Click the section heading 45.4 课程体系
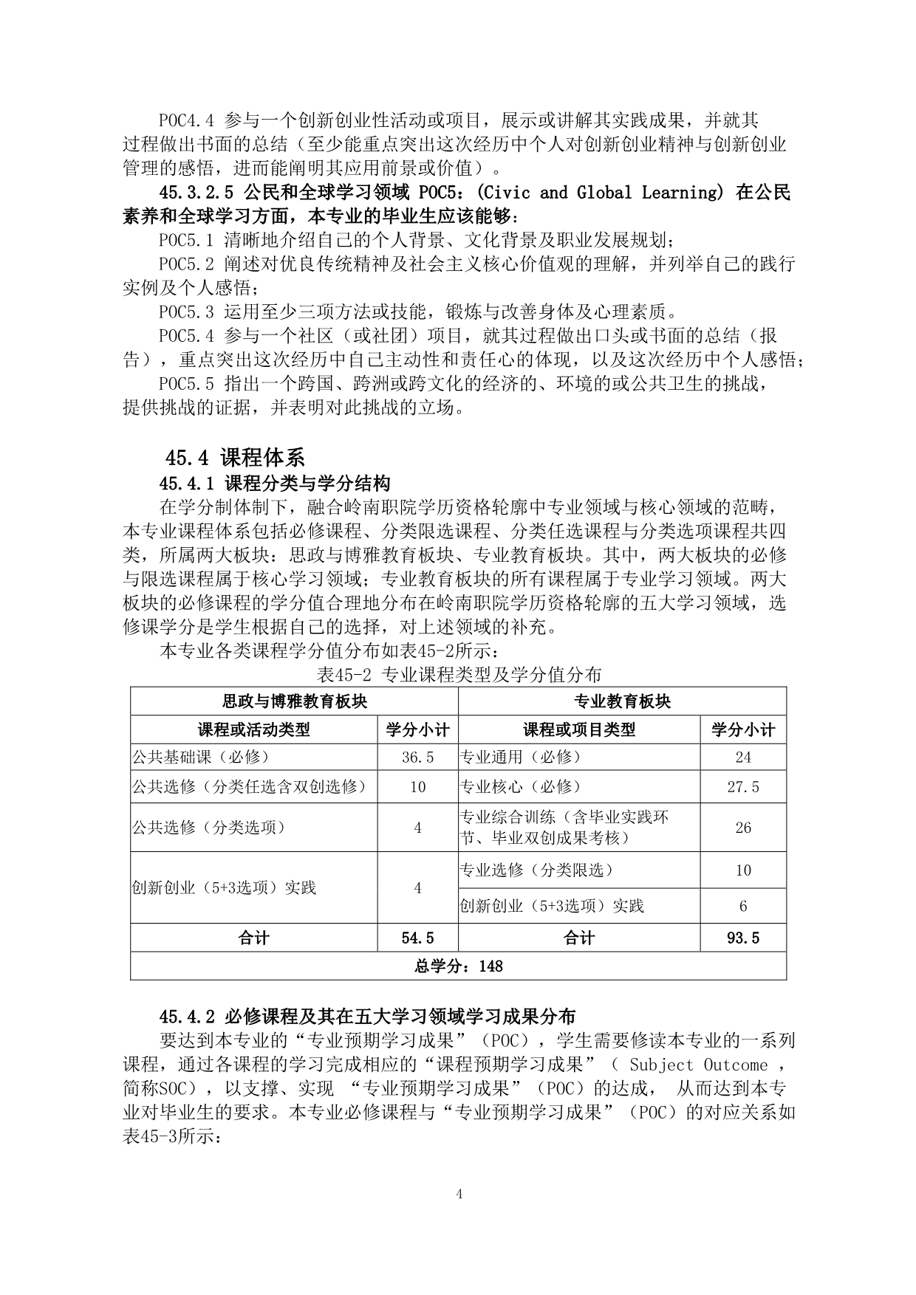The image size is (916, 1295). click(234, 458)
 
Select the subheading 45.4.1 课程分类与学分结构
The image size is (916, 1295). click(274, 484)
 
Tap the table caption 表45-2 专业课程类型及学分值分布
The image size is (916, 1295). click(459, 673)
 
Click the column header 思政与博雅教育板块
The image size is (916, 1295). click(294, 701)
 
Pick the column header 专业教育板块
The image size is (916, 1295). click(622, 701)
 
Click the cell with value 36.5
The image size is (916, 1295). click(417, 758)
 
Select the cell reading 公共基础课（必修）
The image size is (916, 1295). click(200, 758)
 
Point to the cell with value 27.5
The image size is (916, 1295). click(742, 787)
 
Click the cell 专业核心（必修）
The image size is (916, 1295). click(521, 787)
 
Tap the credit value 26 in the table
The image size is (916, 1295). click(742, 828)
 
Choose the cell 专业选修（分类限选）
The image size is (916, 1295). click(537, 870)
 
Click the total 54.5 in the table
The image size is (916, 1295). click(417, 938)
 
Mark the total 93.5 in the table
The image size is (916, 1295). click(742, 938)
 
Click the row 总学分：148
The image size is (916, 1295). click(459, 966)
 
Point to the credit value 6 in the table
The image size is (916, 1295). click(742, 906)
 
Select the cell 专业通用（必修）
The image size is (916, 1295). click(521, 758)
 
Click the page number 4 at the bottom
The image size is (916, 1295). click(459, 1194)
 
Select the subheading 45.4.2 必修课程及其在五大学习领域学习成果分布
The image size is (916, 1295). click(367, 1017)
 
